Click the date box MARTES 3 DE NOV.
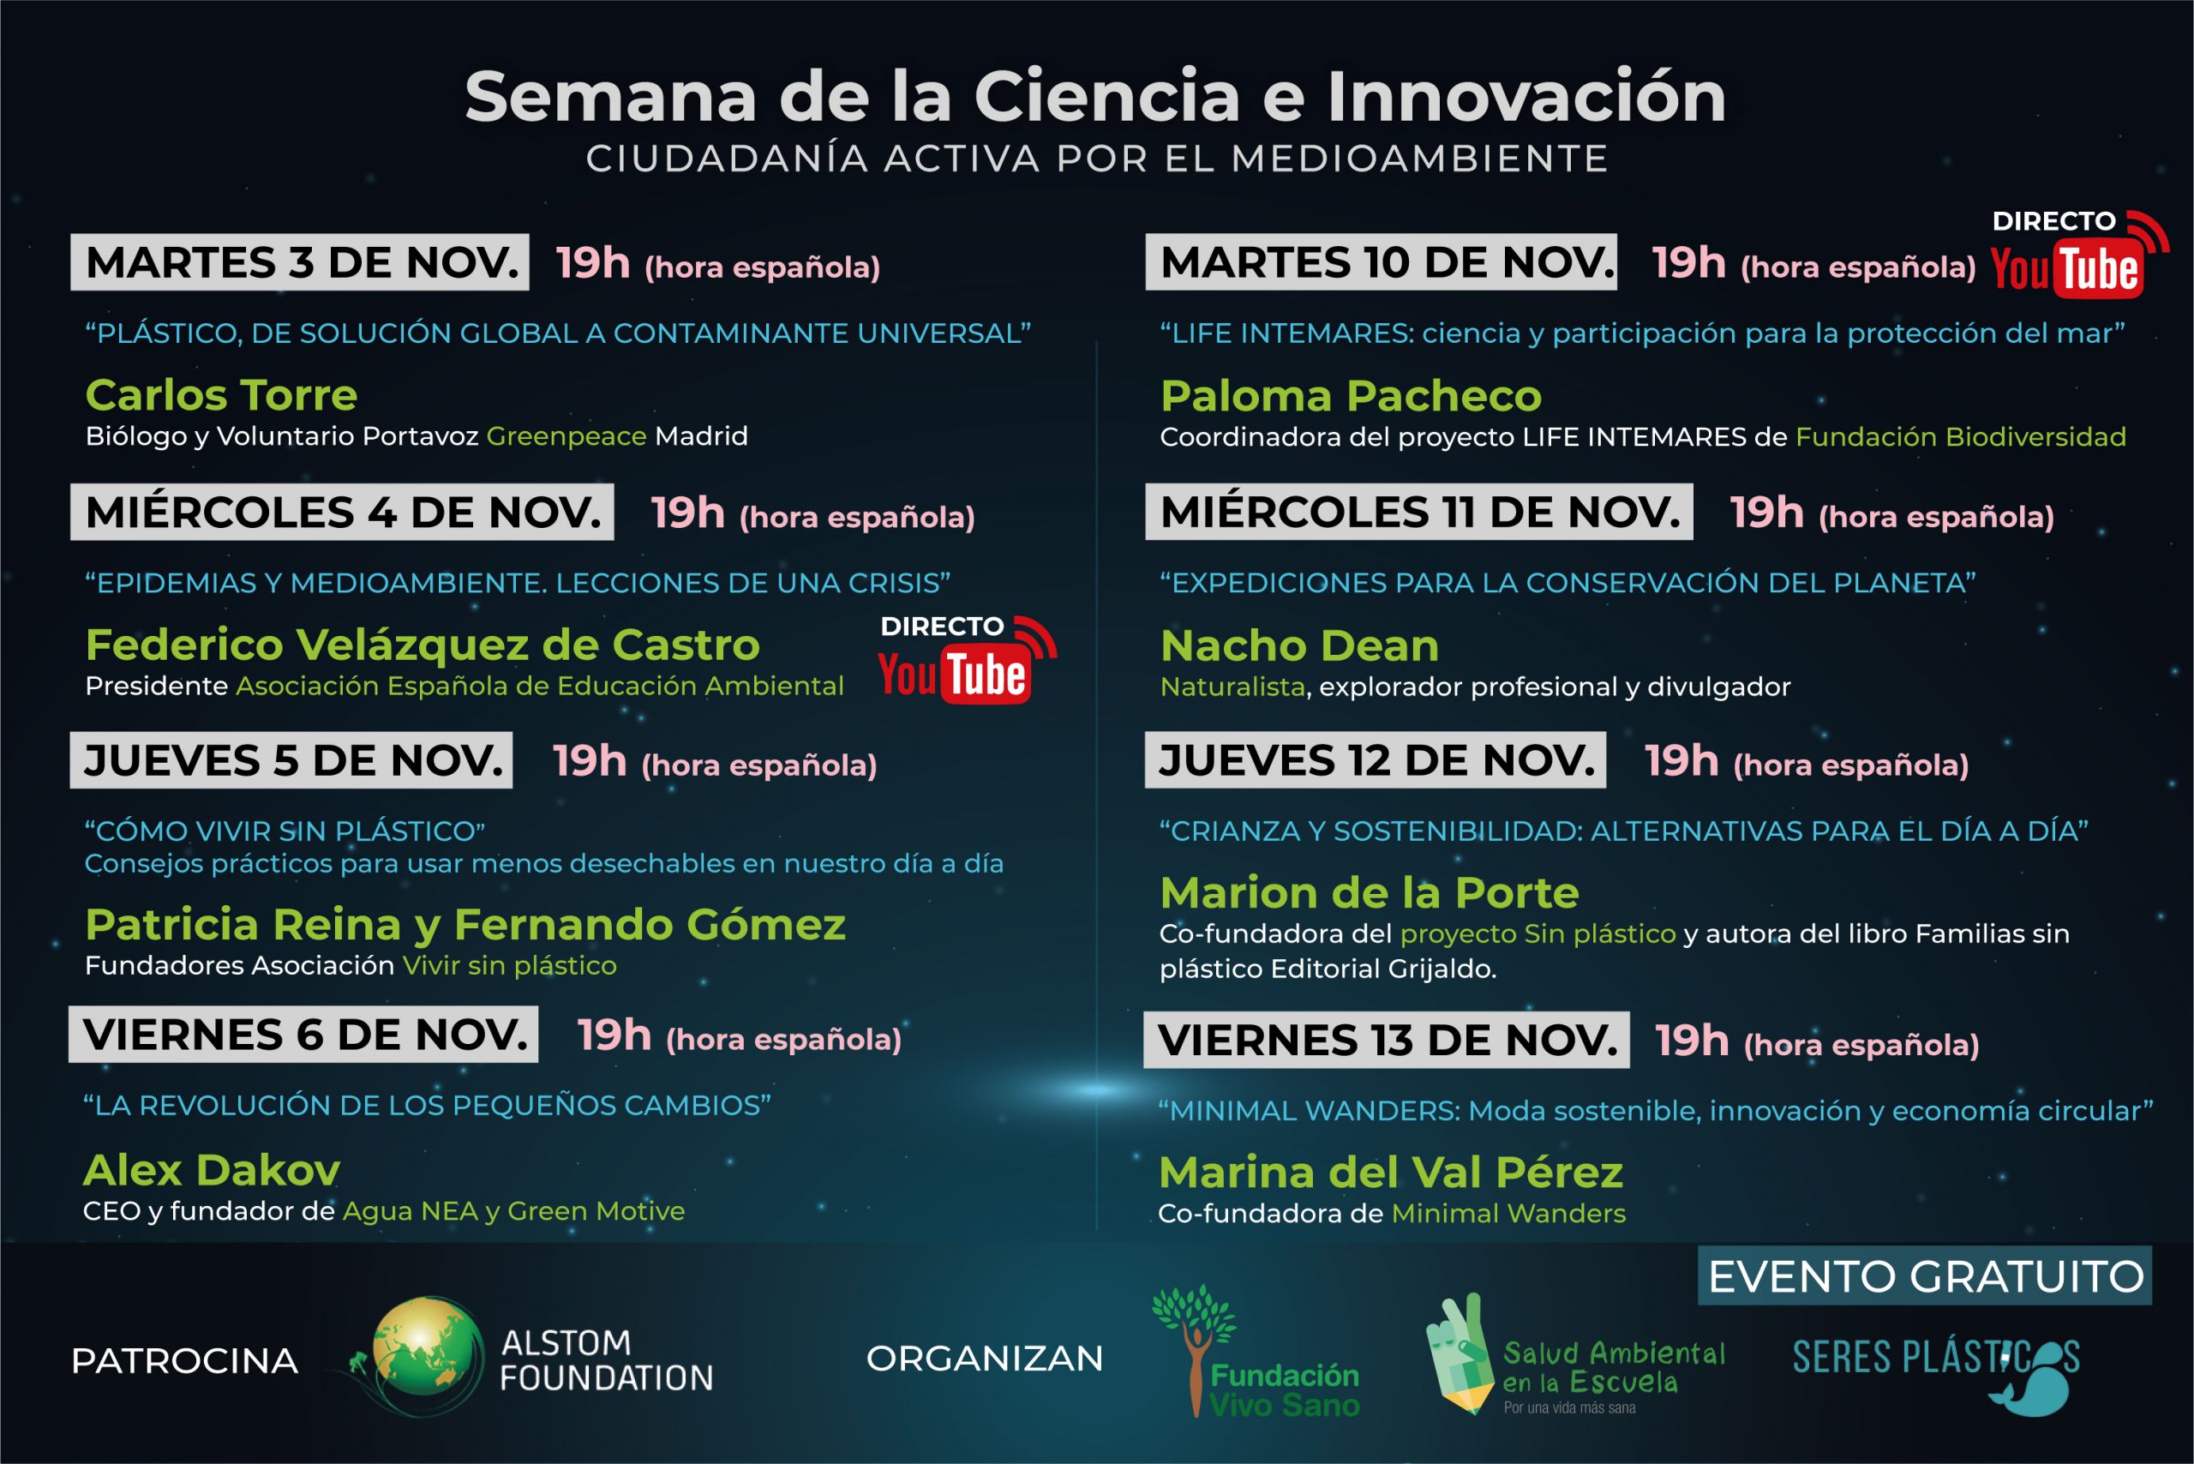[x=300, y=262]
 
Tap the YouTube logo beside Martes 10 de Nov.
[x=2066, y=270]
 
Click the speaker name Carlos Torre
[x=221, y=395]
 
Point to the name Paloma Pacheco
[x=1351, y=396]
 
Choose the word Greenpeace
[x=566, y=436]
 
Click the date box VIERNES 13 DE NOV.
[x=1387, y=1040]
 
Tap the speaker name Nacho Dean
[x=1299, y=645]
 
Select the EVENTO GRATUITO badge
[x=1925, y=1275]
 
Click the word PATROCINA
[x=185, y=1361]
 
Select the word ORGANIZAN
[x=985, y=1359]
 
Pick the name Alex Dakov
[x=212, y=1170]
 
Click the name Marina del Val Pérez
[x=1391, y=1173]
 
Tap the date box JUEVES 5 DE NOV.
[x=291, y=760]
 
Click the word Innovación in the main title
[x=1526, y=96]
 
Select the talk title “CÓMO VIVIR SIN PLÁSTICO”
[x=285, y=831]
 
